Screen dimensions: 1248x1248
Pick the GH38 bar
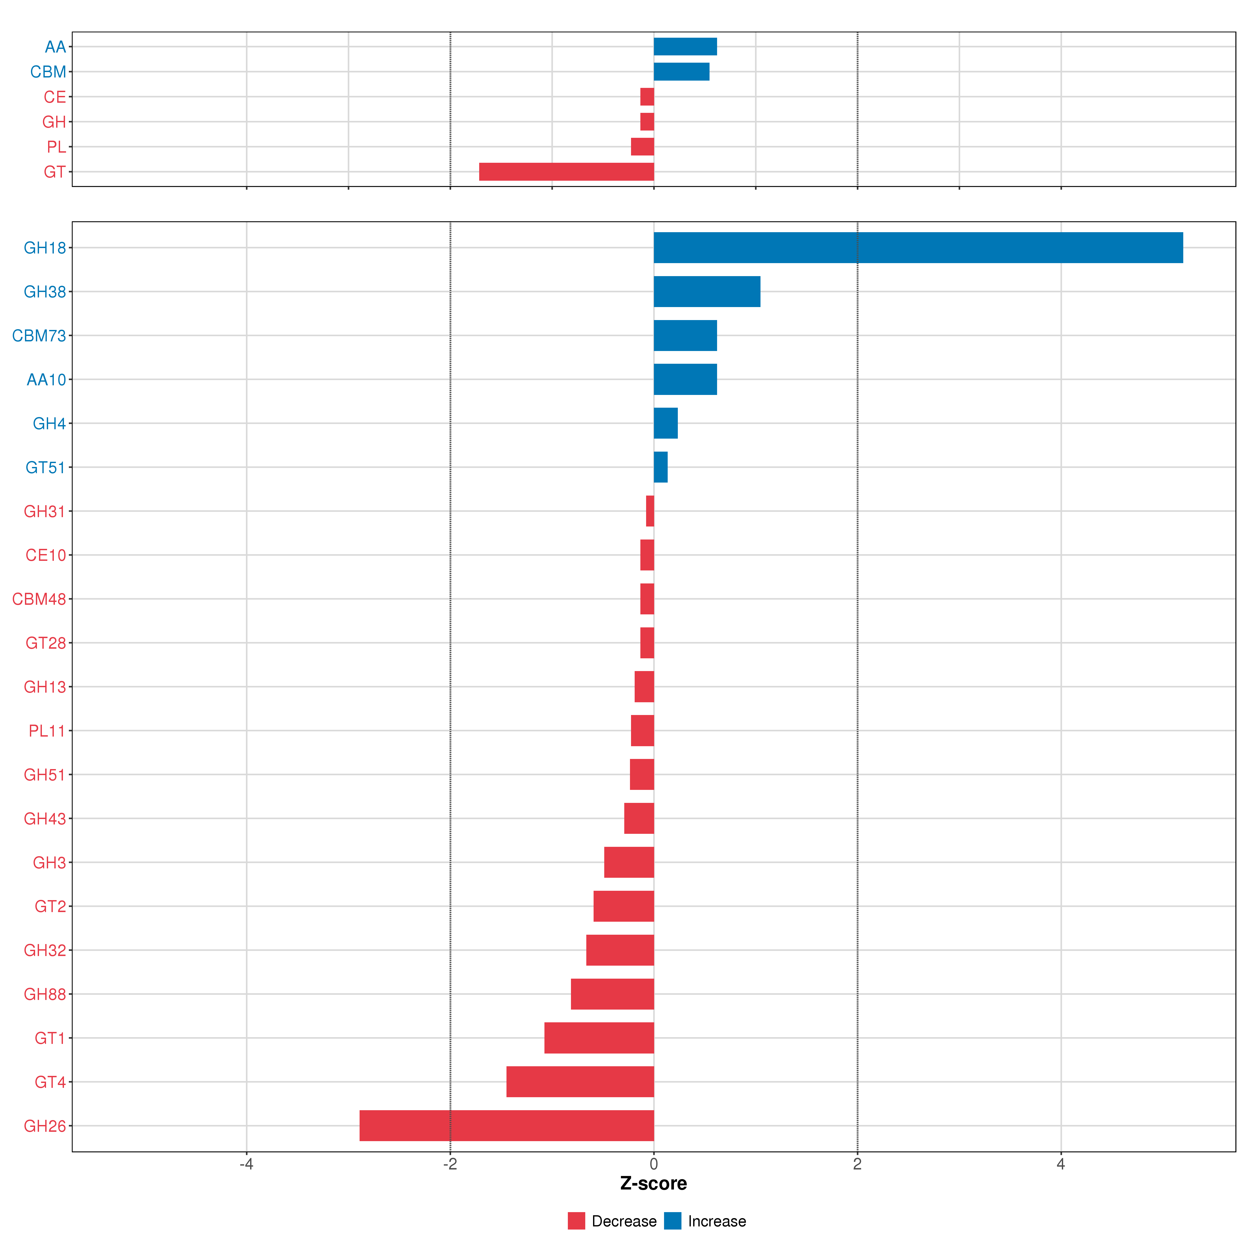pos(707,291)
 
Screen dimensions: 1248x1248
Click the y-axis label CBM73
pos(39,336)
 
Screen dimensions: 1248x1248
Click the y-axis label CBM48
pos(39,599)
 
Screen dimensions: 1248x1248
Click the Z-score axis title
pos(653,1184)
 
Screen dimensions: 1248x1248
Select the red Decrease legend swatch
pos(576,1221)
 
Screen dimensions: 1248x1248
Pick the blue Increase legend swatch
pos(672,1221)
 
